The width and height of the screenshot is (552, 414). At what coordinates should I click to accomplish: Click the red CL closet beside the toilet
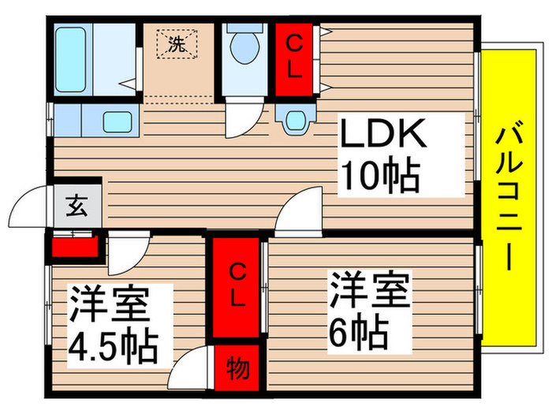click(293, 59)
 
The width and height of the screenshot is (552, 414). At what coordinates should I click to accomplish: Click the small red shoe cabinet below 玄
click(76, 247)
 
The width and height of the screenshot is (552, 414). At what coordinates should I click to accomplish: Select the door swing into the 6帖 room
click(300, 211)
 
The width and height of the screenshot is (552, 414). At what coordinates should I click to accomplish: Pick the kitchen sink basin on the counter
click(119, 122)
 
